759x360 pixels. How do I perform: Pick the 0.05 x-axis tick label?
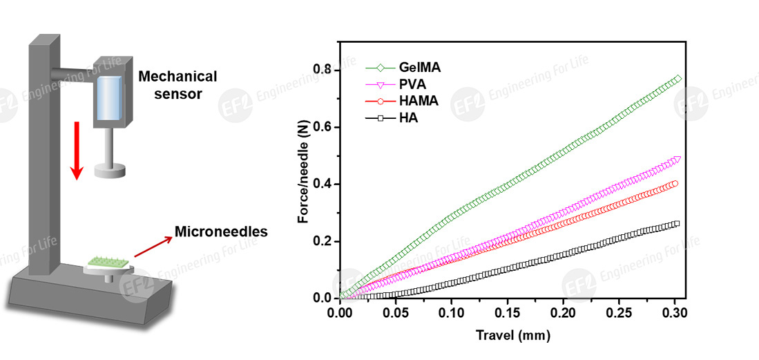point(396,314)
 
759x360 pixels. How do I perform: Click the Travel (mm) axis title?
point(512,337)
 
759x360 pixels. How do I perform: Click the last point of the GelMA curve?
point(678,79)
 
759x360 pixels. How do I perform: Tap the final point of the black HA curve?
point(676,223)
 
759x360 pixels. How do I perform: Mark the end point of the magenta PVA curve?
point(677,160)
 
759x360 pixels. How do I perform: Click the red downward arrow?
point(77,149)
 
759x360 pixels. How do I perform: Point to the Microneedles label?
point(221,232)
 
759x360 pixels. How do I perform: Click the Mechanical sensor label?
point(176,85)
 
